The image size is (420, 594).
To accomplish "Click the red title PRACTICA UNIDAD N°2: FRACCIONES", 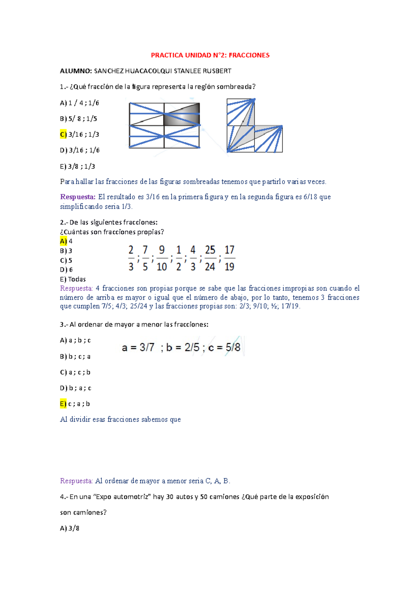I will tap(210, 55).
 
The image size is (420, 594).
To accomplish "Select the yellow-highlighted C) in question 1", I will tap(63, 134).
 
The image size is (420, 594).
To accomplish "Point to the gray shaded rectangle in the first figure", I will tap(182, 114).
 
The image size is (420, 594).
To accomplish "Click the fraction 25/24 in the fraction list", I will tap(210, 258).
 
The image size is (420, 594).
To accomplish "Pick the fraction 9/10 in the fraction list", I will tap(162, 258).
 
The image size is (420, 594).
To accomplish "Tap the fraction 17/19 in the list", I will tap(229, 258).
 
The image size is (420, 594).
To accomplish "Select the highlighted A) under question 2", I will tap(63, 241).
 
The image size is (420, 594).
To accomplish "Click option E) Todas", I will tap(73, 279).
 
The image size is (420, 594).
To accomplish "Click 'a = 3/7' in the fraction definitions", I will tap(138, 347).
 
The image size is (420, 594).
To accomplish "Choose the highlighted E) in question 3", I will tap(63, 404).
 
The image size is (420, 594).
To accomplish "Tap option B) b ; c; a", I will tap(75, 356).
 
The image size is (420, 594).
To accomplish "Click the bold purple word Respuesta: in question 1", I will tap(78, 197).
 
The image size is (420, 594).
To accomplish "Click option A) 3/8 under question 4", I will tap(70, 528).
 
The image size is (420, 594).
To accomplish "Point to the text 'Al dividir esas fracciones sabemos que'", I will tap(120, 419).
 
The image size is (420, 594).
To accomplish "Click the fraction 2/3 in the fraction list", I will tap(131, 258).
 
